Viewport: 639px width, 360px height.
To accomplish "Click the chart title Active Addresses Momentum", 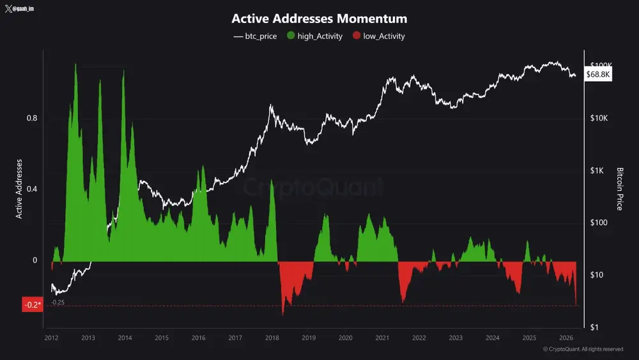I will [x=319, y=19].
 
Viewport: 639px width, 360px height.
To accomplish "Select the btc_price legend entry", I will [x=256, y=36].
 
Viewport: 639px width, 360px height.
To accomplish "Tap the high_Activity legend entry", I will [x=316, y=36].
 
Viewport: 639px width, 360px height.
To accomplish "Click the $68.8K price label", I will [x=599, y=75].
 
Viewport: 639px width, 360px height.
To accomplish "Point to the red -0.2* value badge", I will [x=32, y=305].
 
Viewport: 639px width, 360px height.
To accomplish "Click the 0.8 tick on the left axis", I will [x=32, y=118].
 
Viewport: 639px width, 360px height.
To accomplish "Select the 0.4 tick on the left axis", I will [x=32, y=189].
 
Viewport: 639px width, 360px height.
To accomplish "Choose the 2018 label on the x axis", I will [x=272, y=338].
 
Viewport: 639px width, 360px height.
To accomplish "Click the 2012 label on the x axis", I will [x=52, y=338].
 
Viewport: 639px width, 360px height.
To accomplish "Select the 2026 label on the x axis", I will [x=566, y=338].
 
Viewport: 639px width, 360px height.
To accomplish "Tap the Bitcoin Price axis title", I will [x=619, y=189].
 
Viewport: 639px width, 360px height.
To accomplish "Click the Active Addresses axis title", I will [x=19, y=189].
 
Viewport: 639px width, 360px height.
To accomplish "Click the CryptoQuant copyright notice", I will [x=583, y=349].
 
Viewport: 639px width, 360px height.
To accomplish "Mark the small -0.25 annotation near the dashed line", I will [x=58, y=302].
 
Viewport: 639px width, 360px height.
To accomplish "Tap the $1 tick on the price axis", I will [x=594, y=327].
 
